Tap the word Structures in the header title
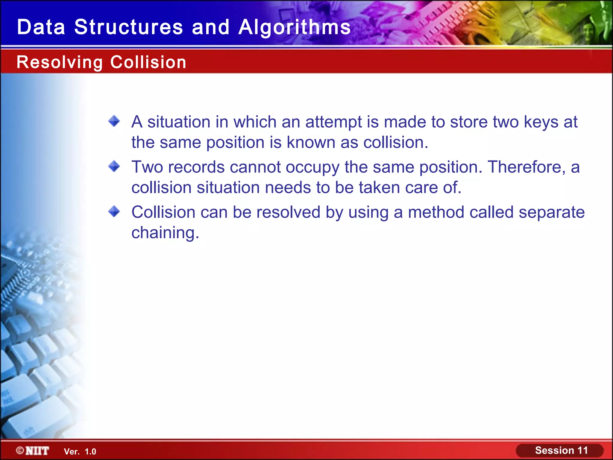[128, 27]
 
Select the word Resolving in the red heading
[60, 62]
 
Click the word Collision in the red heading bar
[148, 62]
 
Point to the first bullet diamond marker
[114, 121]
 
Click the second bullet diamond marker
[114, 166]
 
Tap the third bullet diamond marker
[114, 211]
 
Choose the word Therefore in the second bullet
[527, 167]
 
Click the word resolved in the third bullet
[288, 212]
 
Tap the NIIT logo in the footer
[33, 451]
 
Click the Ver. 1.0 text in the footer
[80, 452]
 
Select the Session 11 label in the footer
[561, 450]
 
